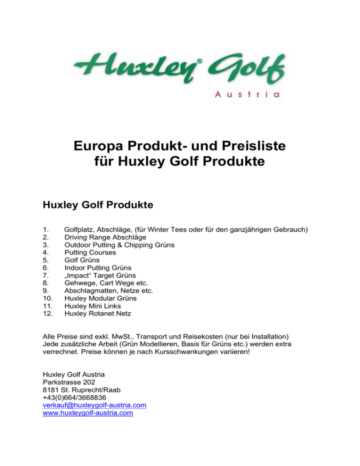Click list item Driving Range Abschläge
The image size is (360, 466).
105,237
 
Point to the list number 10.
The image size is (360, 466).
47,297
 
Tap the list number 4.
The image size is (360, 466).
45,252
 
